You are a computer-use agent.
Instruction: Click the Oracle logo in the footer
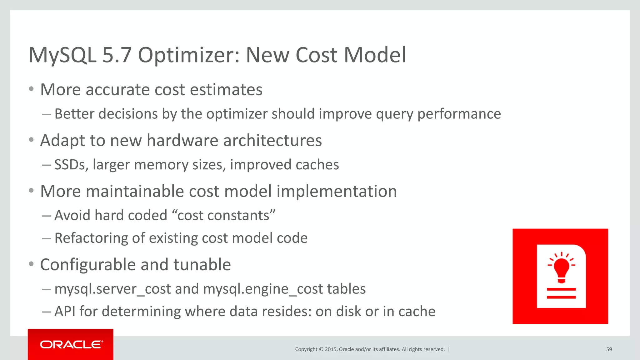click(x=71, y=344)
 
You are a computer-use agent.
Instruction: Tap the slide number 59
click(x=609, y=349)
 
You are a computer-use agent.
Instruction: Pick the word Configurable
click(x=88, y=265)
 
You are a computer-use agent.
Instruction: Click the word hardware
click(x=182, y=140)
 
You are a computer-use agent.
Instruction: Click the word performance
click(x=459, y=114)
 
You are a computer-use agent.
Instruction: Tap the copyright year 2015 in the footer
click(x=331, y=349)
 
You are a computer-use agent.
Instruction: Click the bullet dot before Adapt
click(x=31, y=140)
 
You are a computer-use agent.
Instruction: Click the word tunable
click(x=202, y=265)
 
